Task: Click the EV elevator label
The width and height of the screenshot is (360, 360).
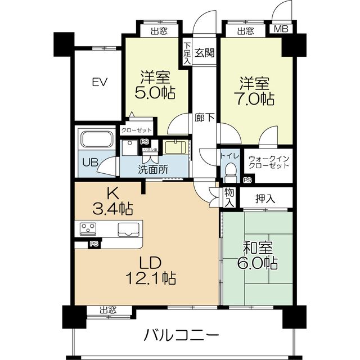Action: [100, 82]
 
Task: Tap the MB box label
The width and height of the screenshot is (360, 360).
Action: [280, 30]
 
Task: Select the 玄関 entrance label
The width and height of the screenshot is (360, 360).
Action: [204, 53]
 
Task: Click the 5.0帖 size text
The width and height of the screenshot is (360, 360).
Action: [153, 92]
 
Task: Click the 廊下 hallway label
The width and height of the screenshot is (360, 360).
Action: [204, 118]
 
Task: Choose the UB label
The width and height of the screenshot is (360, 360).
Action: [91, 162]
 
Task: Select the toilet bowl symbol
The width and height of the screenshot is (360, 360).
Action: [229, 168]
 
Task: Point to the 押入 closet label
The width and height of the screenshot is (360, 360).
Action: [265, 198]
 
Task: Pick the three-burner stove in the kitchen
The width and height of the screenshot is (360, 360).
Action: [89, 229]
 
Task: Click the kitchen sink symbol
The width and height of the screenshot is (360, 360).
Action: [130, 229]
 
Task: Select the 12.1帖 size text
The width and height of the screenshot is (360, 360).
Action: [151, 278]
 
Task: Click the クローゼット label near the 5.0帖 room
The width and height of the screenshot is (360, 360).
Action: [136, 130]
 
